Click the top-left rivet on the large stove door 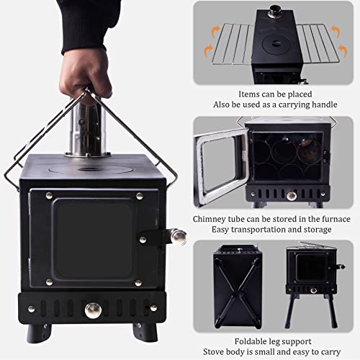pos(48,196)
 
